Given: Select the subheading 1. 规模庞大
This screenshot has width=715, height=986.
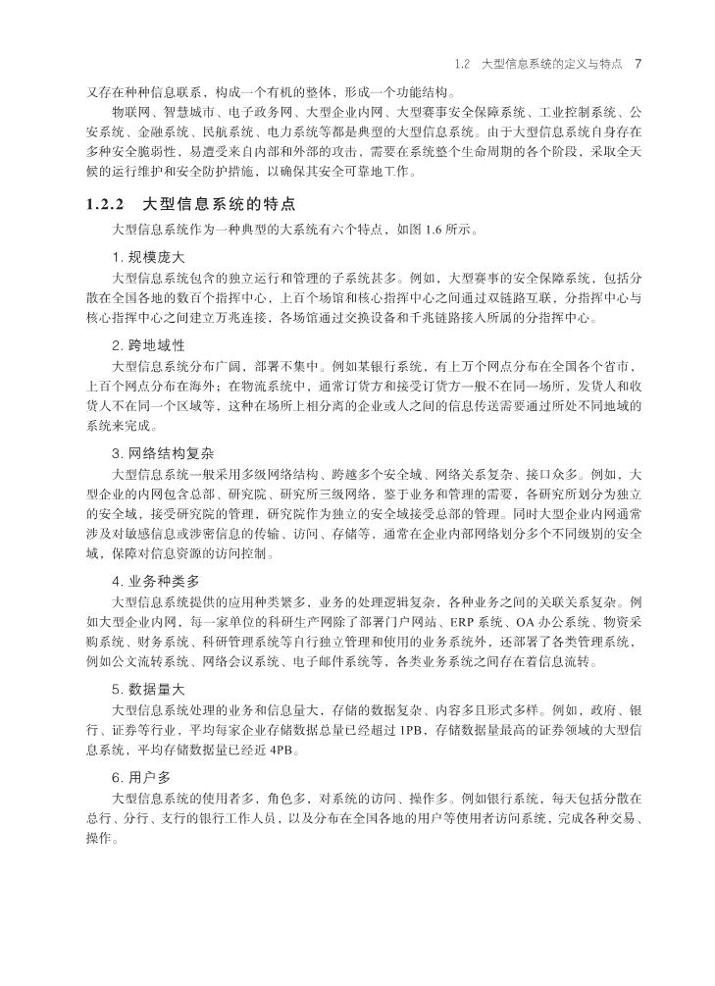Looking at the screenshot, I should pos(151,256).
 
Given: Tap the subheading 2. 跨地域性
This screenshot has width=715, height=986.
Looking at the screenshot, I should pos(151,345).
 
